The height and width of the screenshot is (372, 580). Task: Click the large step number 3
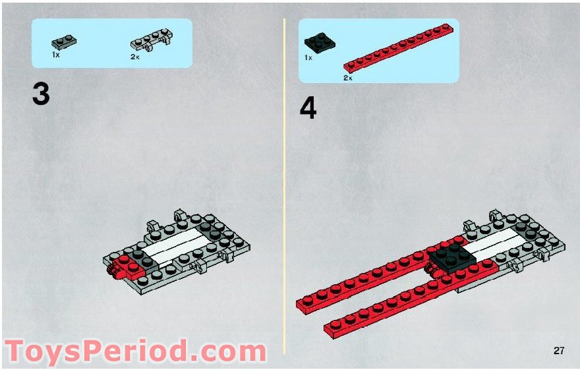click(x=41, y=94)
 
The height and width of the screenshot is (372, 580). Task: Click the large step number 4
click(x=308, y=109)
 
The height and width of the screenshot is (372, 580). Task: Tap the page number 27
click(x=558, y=350)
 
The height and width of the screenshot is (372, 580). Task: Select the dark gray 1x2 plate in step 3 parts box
click(x=64, y=42)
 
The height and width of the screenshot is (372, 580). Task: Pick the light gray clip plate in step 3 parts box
click(x=152, y=41)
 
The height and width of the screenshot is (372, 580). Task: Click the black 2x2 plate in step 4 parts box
click(x=320, y=43)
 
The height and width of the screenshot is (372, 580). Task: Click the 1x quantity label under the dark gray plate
click(x=55, y=55)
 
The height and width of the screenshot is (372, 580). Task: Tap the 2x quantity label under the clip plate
click(x=134, y=57)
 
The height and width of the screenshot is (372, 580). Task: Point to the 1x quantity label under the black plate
click(x=308, y=58)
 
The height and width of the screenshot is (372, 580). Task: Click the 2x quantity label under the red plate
click(x=348, y=78)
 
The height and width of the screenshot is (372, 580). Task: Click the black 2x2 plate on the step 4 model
click(x=451, y=257)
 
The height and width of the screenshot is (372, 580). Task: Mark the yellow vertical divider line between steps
click(x=284, y=186)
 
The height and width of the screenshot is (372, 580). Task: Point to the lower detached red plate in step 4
click(x=411, y=299)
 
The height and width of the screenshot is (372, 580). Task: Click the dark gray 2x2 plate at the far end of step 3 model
click(x=212, y=228)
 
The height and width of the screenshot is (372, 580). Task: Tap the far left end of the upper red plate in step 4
click(x=299, y=305)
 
